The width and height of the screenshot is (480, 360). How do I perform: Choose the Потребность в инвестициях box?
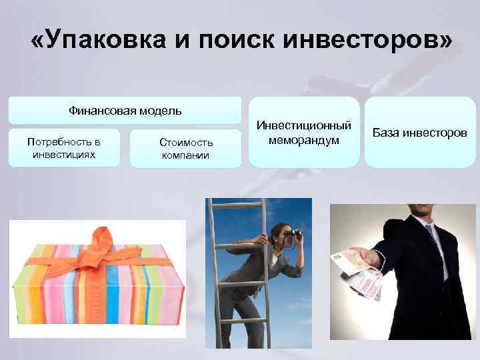pyautogui.click(x=64, y=149)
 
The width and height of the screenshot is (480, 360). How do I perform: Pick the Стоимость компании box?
pyautogui.click(x=186, y=149)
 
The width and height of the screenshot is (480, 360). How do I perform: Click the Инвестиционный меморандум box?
pyautogui.click(x=303, y=133)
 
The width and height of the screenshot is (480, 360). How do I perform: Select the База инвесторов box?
pyautogui.click(x=420, y=133)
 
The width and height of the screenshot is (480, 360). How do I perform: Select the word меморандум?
pyautogui.click(x=303, y=140)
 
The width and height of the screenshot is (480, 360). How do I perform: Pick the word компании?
pyautogui.click(x=186, y=155)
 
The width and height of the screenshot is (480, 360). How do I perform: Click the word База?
pyautogui.click(x=387, y=133)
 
